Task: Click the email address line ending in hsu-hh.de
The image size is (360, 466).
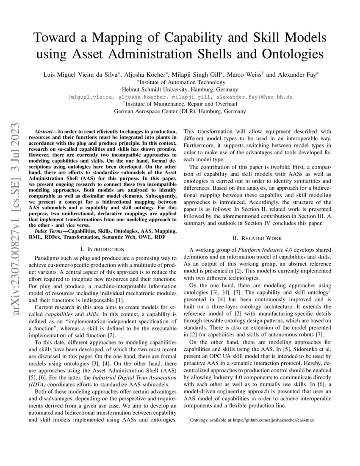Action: [180, 97]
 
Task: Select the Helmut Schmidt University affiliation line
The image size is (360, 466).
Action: [180, 89]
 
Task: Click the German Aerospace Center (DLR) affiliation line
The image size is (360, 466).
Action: [180, 112]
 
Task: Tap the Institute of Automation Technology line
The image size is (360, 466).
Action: [180, 82]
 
